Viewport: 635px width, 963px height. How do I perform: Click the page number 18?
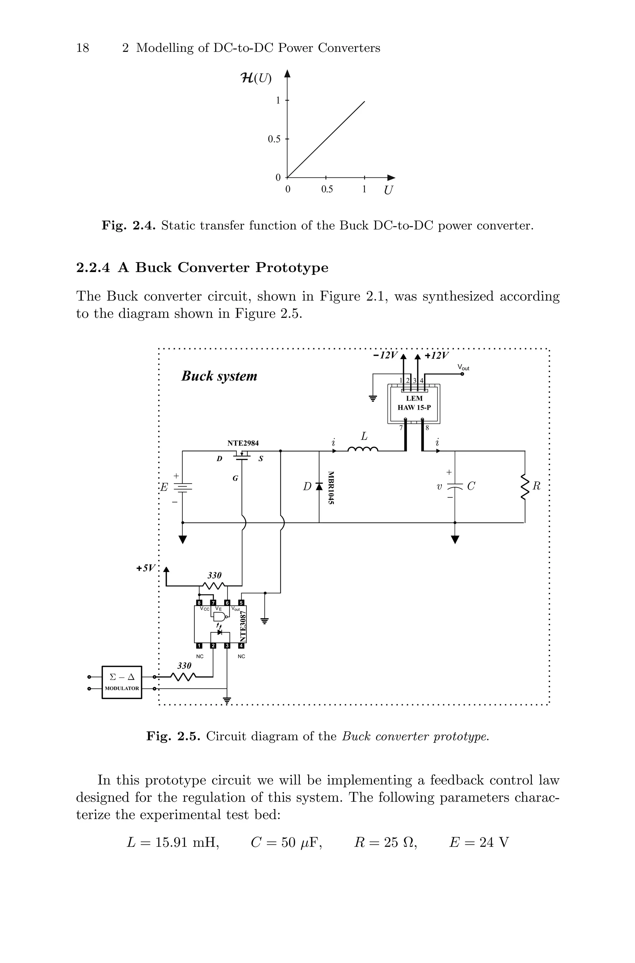(82, 48)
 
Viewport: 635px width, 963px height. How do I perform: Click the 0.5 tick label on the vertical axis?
(274, 139)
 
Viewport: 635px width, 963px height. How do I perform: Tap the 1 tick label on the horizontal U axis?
(364, 189)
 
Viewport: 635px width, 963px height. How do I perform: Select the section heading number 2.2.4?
(93, 268)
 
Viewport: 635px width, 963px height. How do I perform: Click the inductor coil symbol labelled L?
(363, 449)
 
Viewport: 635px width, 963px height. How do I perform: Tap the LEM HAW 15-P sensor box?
(414, 403)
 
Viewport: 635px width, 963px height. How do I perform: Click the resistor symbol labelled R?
(525, 487)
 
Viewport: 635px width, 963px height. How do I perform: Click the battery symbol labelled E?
(183, 487)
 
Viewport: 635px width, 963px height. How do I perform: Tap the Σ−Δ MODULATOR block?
(122, 682)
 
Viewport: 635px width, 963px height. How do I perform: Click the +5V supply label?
(145, 568)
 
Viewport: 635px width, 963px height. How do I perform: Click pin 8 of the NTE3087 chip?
(199, 603)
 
